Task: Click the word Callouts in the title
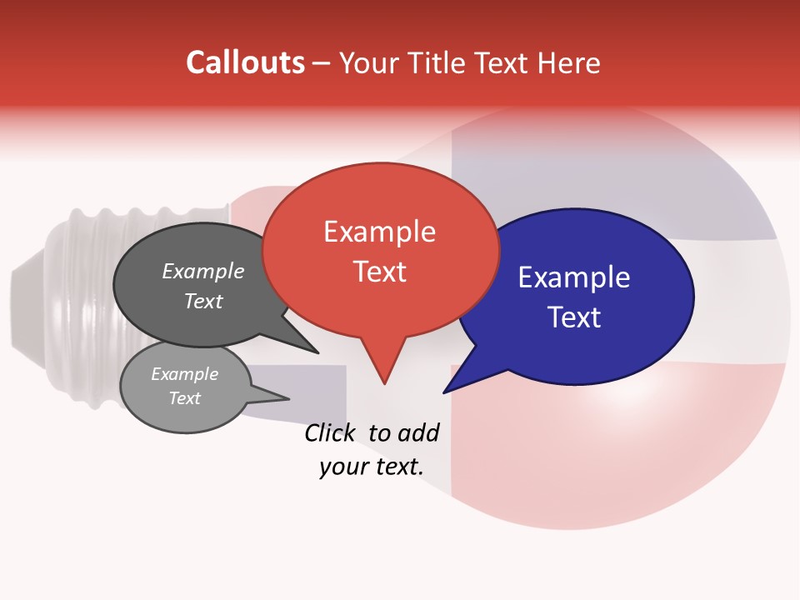point(245,62)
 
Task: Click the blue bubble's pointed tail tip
point(444,392)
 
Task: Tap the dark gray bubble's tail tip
point(317,352)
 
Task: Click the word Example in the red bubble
point(379,231)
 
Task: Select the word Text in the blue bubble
point(574,317)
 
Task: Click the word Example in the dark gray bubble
point(202,271)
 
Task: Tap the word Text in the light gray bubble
point(184,398)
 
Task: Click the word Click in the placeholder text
point(332,432)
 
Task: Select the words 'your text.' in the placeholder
point(372,467)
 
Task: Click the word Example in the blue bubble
point(574,277)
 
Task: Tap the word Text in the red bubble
point(379,272)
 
